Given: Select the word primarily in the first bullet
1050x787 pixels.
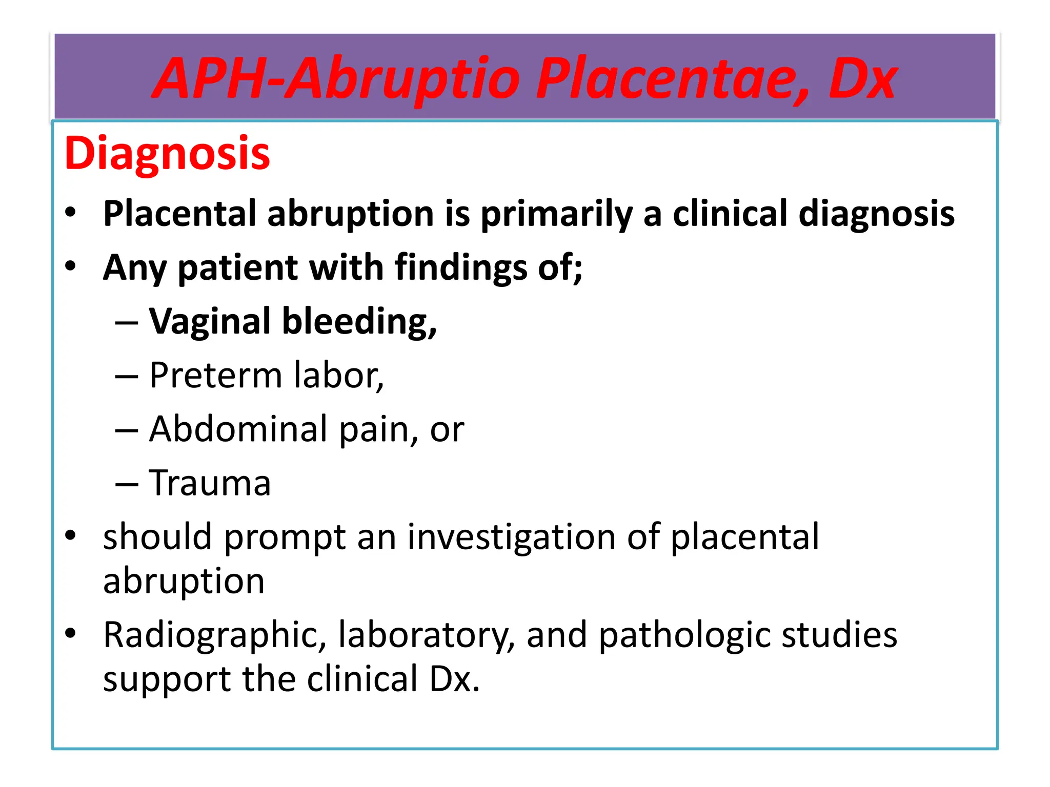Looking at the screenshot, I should [x=556, y=214].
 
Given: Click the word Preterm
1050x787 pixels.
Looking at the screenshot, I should [x=215, y=376].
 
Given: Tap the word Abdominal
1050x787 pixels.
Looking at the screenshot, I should [x=238, y=429].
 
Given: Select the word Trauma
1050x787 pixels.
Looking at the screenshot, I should [x=210, y=483].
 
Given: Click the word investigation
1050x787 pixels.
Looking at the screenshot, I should [x=511, y=537].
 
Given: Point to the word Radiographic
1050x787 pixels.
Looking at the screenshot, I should [x=215, y=635].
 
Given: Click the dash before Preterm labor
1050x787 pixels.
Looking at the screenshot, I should [x=127, y=377].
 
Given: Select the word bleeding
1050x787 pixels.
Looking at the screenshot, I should [x=359, y=321].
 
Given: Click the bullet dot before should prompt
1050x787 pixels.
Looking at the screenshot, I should [x=70, y=535].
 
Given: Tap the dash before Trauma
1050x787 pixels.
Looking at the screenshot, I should [x=127, y=484].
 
